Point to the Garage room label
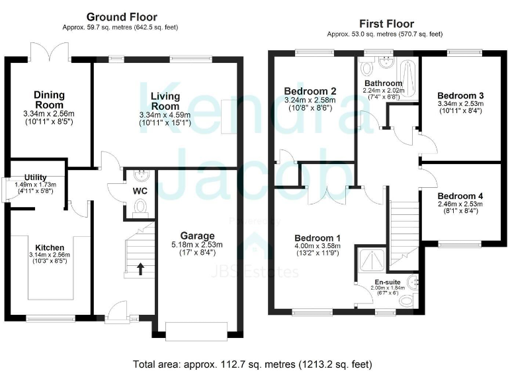click(x=198, y=235)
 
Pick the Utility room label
click(x=35, y=177)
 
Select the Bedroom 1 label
click(x=318, y=237)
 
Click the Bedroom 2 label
click(x=311, y=91)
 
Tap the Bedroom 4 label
click(x=460, y=196)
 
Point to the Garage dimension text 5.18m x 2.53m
click(x=198, y=244)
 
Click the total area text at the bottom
click(x=252, y=364)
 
